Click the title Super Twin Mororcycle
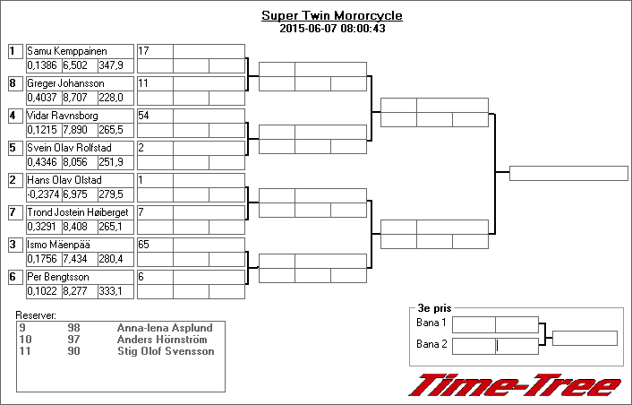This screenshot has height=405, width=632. (332, 16)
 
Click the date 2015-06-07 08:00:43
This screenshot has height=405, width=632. (332, 29)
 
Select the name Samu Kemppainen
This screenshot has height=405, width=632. (67, 51)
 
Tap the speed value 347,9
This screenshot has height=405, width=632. (111, 65)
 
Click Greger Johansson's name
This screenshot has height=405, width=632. (65, 83)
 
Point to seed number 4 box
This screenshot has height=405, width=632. (15, 116)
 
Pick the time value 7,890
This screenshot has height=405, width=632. (75, 130)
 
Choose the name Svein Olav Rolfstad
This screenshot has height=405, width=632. (69, 148)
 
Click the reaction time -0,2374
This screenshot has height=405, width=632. (44, 194)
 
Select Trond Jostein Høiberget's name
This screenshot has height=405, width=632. (77, 212)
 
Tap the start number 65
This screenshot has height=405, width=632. (143, 245)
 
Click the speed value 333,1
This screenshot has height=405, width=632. (110, 291)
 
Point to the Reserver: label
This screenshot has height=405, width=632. (36, 315)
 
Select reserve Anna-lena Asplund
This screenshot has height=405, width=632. (165, 328)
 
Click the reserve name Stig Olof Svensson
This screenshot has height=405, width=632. (166, 351)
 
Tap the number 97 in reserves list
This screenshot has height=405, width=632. (73, 340)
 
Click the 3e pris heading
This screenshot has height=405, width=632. (434, 308)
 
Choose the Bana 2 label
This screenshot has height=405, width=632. (431, 344)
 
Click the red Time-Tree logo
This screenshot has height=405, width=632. (515, 384)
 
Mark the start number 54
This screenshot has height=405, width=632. (143, 116)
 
